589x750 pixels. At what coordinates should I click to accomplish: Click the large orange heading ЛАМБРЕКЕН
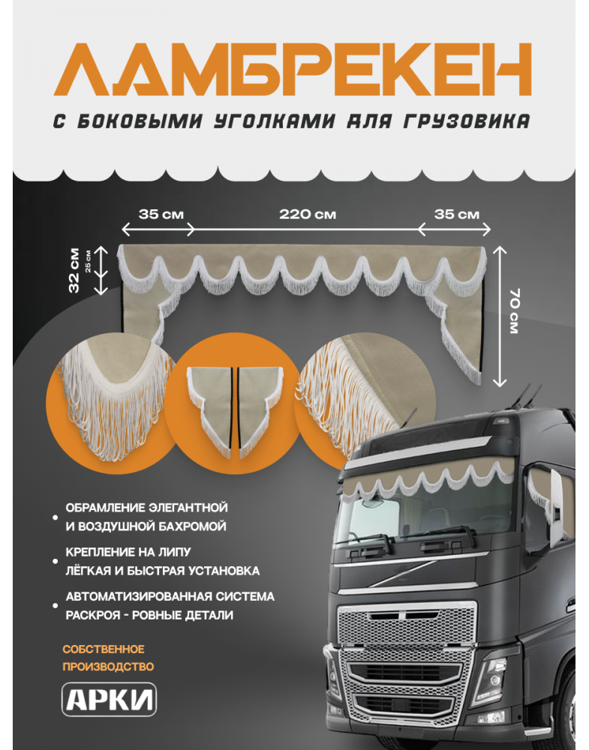click(293, 70)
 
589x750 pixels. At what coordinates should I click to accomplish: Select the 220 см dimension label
click(308, 214)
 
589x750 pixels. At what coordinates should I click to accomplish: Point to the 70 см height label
click(513, 311)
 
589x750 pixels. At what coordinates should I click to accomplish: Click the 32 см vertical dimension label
click(74, 270)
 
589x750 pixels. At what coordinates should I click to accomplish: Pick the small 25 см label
click(88, 261)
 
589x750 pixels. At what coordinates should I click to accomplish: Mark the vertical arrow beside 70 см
click(499, 316)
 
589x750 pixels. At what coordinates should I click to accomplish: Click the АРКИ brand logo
click(109, 699)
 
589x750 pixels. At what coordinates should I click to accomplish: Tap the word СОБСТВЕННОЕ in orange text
click(104, 649)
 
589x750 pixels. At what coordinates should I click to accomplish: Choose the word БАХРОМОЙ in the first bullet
click(190, 526)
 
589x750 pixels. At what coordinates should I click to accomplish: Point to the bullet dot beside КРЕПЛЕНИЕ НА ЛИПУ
click(55, 561)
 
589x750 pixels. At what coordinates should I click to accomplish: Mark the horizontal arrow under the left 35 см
click(158, 229)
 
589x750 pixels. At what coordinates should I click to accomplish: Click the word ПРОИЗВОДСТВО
click(108, 666)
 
